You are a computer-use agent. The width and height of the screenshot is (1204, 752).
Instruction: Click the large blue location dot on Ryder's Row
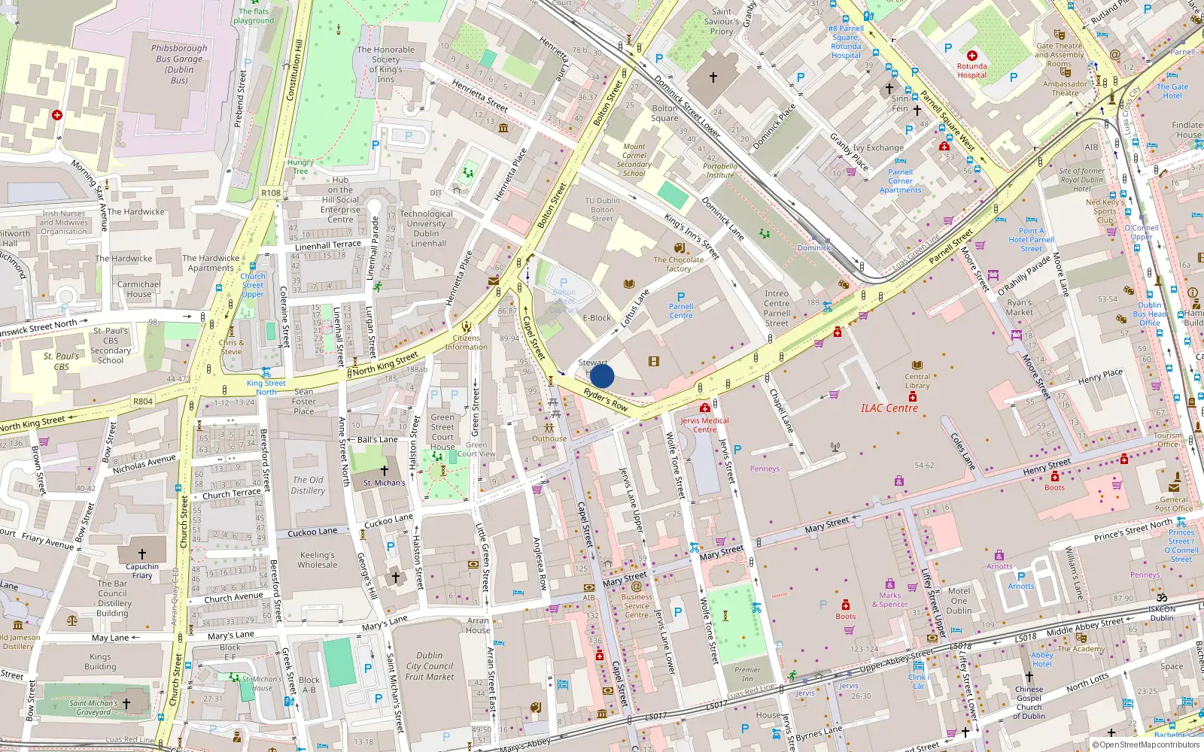click(x=602, y=376)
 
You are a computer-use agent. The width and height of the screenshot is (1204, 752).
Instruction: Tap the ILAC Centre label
click(x=889, y=408)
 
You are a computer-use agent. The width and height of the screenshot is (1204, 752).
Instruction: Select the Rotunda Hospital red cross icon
click(x=971, y=56)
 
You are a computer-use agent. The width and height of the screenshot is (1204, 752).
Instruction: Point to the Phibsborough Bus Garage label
click(x=179, y=64)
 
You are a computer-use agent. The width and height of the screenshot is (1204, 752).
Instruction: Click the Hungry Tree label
click(x=300, y=166)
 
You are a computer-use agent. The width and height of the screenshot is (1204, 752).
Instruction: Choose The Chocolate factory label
click(x=679, y=264)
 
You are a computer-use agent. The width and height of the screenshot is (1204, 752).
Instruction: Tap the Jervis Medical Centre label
click(x=704, y=425)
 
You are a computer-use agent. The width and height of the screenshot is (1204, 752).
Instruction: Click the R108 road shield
click(x=271, y=193)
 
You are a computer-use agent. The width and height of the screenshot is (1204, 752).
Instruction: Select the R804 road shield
click(x=143, y=402)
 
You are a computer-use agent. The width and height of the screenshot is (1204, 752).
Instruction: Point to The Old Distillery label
click(x=308, y=485)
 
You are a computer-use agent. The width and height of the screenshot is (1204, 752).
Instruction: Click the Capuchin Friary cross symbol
click(x=142, y=554)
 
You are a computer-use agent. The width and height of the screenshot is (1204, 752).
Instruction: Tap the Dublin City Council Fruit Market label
click(x=430, y=666)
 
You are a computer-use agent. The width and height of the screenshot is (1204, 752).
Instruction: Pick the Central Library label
click(x=917, y=381)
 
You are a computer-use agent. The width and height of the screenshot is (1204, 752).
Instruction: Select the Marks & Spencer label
click(x=890, y=599)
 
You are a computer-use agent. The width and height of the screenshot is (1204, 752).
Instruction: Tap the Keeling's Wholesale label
click(x=318, y=559)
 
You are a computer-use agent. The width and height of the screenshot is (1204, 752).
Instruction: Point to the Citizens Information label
click(x=466, y=342)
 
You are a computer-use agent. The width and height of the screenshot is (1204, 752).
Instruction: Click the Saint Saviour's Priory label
click(x=721, y=21)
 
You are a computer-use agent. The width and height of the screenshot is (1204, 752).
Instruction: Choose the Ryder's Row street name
click(x=606, y=399)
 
